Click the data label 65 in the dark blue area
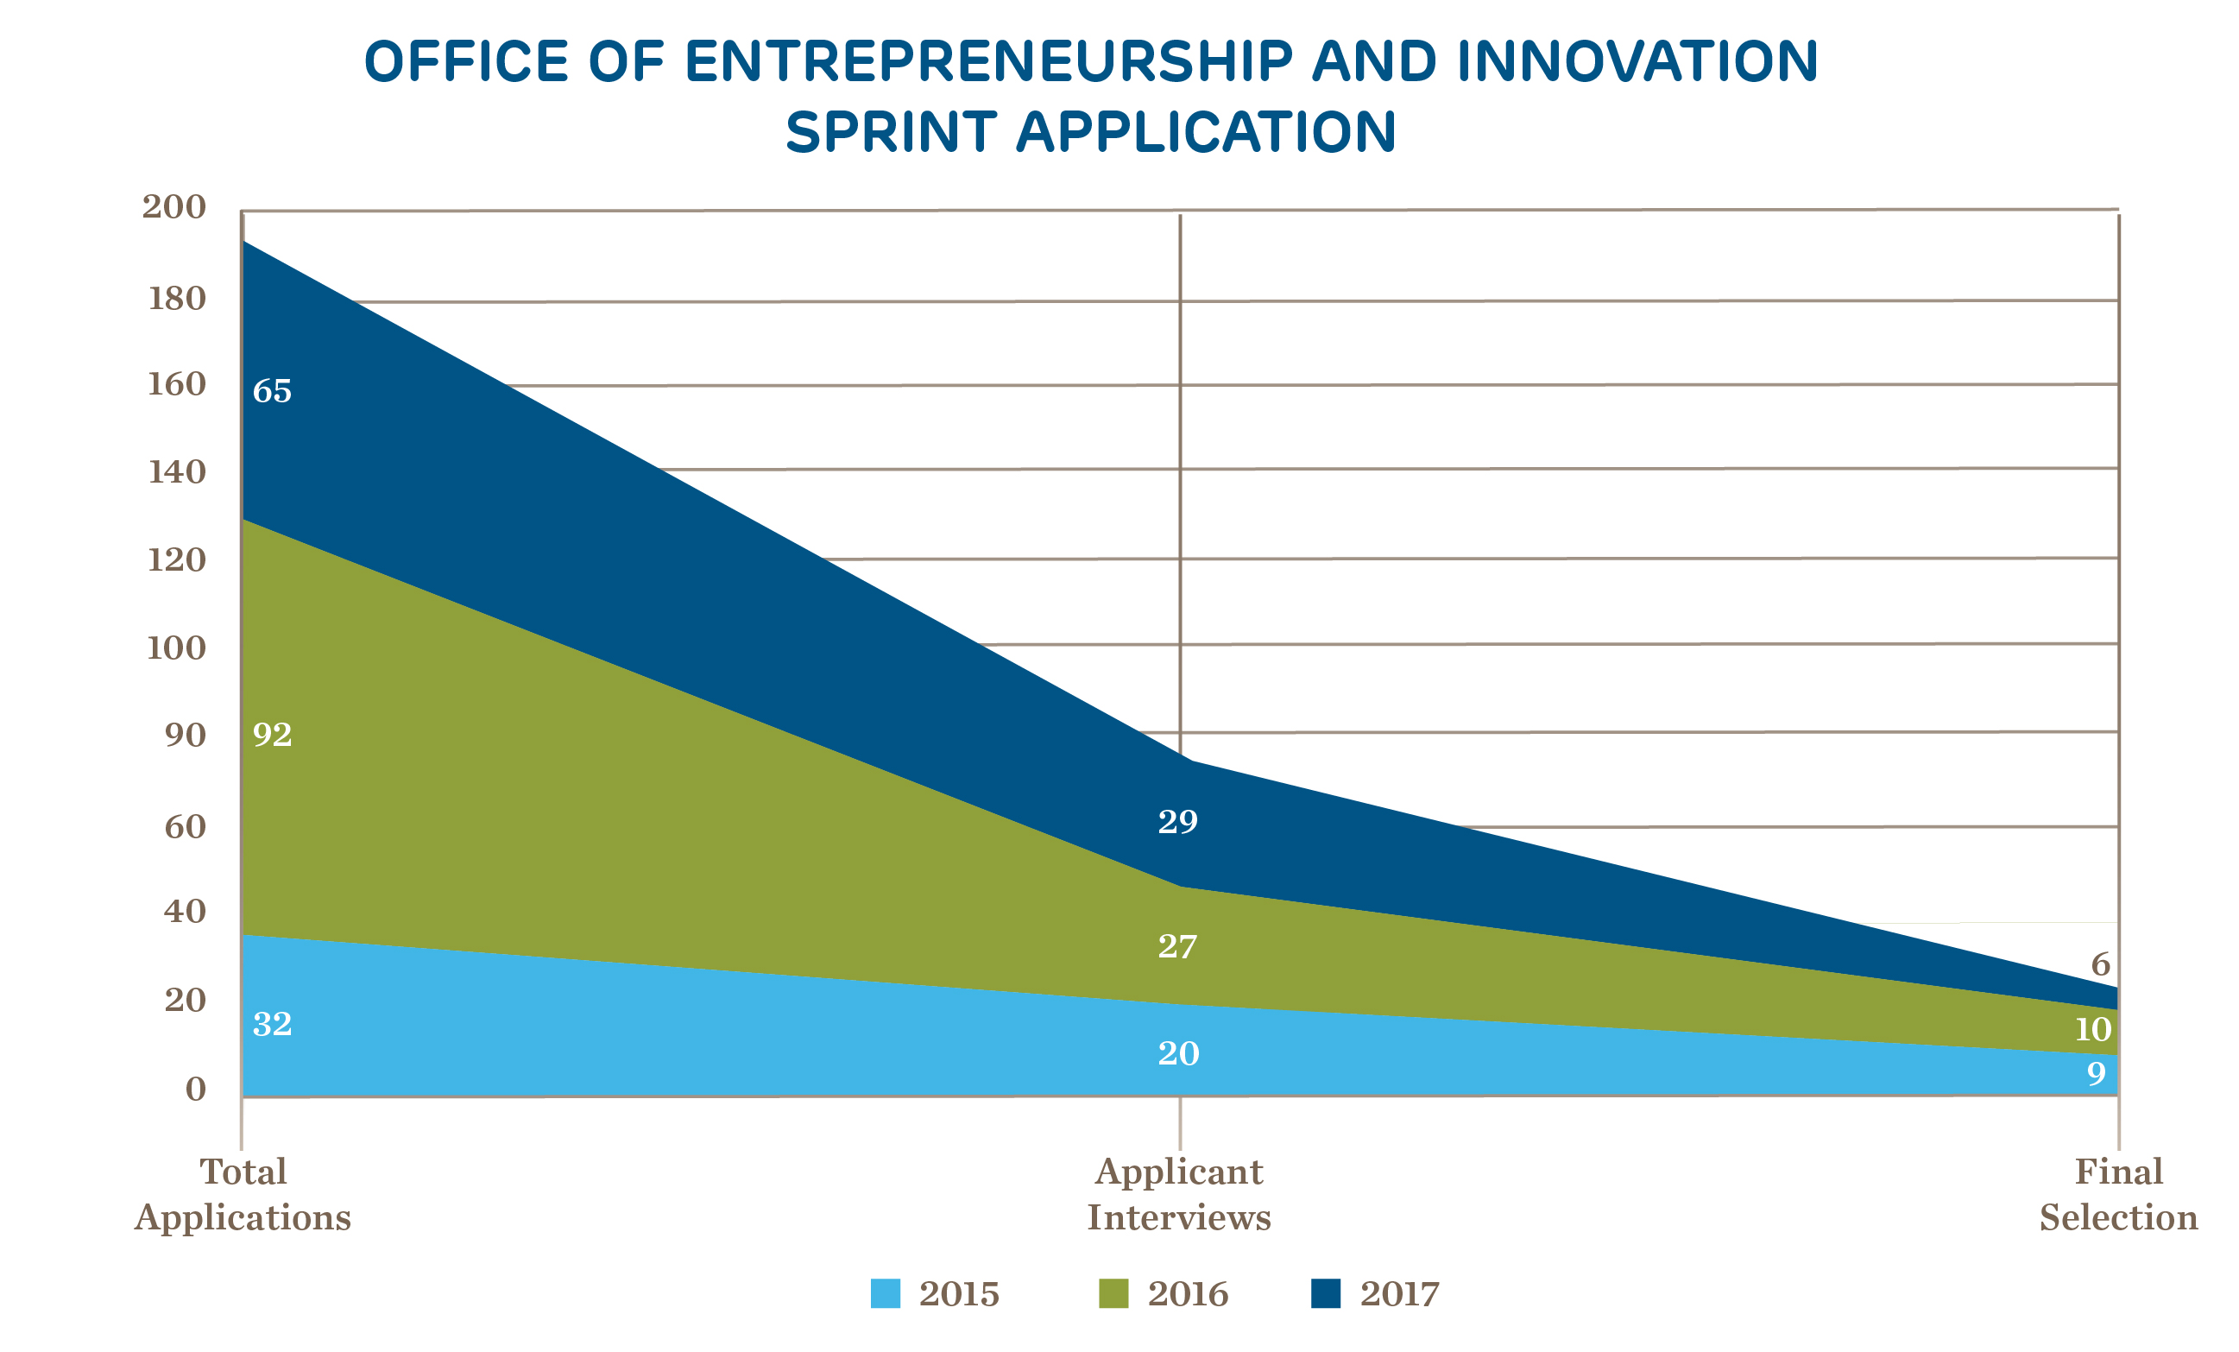(272, 391)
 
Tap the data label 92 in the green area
(272, 734)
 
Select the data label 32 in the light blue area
(272, 1024)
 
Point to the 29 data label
(1177, 821)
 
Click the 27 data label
(1177, 947)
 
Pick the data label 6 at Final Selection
(2100, 964)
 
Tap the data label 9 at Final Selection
(2097, 1073)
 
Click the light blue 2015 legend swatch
(885, 1293)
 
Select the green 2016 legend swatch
(1113, 1293)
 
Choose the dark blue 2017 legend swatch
(1326, 1293)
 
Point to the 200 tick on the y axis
(173, 206)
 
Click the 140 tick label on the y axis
(176, 471)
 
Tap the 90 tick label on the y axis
(185, 735)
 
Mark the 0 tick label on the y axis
(195, 1089)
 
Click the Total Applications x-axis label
(243, 1194)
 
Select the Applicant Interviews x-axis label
(1178, 1194)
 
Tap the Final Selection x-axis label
(2118, 1194)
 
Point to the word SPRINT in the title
(891, 133)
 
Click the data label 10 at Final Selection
(2093, 1029)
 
